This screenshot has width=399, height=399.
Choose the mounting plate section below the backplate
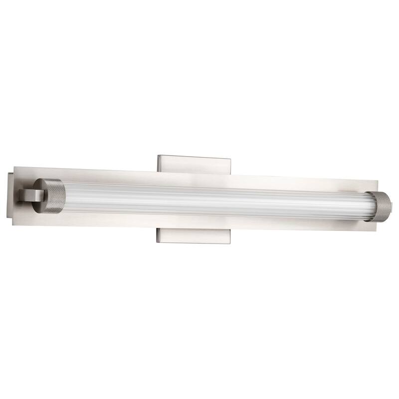click(195, 235)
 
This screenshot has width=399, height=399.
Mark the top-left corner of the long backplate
click(16, 168)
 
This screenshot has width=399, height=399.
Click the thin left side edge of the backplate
click(10, 197)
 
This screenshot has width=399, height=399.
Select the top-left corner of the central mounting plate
click(158, 155)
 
